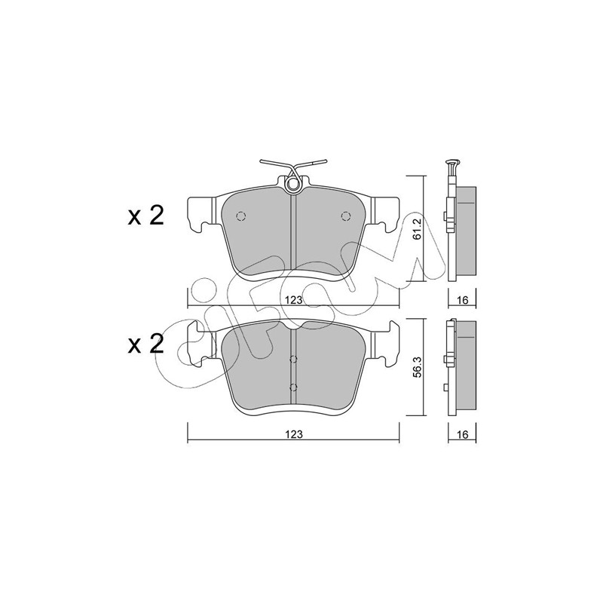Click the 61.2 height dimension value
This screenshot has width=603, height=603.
[x=418, y=229]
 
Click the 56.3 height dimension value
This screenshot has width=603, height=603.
[x=418, y=367]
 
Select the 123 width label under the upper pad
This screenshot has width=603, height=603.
[x=294, y=300]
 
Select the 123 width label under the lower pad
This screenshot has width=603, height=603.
[x=294, y=434]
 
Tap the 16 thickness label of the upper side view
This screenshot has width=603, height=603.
[x=463, y=300]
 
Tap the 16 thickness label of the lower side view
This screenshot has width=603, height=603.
[x=463, y=434]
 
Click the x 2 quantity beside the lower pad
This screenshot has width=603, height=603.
[x=145, y=344]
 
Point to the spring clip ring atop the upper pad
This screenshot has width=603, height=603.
[x=293, y=185]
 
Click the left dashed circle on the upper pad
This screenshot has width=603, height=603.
[x=241, y=216]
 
